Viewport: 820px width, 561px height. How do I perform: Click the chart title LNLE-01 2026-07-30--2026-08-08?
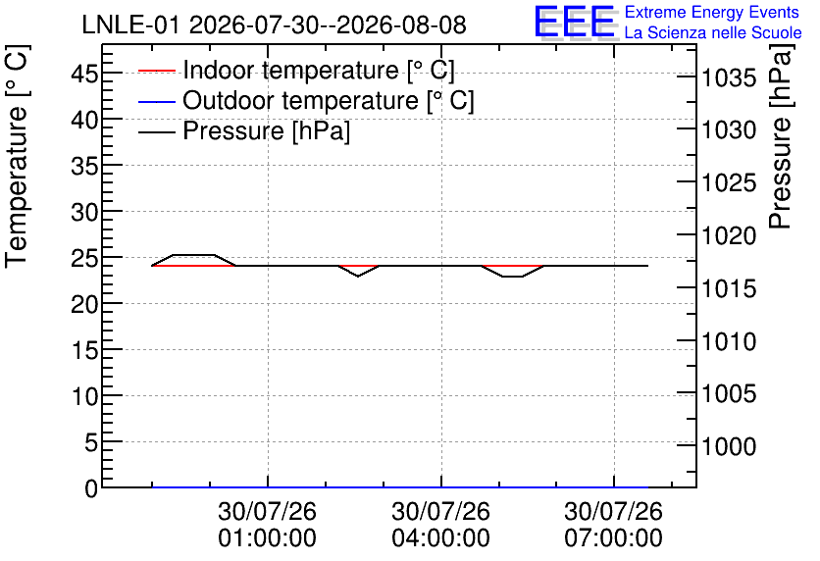(274, 25)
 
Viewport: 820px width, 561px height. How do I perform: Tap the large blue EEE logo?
(574, 22)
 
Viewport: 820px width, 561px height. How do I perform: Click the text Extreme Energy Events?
(712, 12)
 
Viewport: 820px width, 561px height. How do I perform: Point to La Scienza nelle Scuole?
(713, 32)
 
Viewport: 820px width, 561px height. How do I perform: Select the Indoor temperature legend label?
(319, 70)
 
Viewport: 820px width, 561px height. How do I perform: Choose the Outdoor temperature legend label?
(329, 100)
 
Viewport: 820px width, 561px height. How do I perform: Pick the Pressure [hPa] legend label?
(266, 130)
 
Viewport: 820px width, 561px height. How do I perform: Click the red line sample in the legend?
(157, 70)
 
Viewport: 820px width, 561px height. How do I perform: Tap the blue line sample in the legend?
(157, 101)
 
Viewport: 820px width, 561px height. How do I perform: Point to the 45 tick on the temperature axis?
(84, 74)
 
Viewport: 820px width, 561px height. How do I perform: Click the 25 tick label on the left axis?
(84, 258)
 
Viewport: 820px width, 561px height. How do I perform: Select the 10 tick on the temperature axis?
(84, 396)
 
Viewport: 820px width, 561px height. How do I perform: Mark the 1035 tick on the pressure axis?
(729, 78)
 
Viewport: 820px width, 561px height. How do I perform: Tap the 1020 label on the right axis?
(729, 235)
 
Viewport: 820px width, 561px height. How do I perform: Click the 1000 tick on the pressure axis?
(729, 446)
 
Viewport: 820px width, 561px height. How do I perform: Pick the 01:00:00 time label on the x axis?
(267, 538)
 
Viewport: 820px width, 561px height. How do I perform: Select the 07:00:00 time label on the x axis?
(613, 538)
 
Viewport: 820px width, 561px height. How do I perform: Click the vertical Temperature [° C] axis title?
(18, 156)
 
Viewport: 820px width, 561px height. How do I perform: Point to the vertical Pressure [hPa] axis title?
(781, 136)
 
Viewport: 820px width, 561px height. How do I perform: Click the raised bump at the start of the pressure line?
(193, 255)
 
